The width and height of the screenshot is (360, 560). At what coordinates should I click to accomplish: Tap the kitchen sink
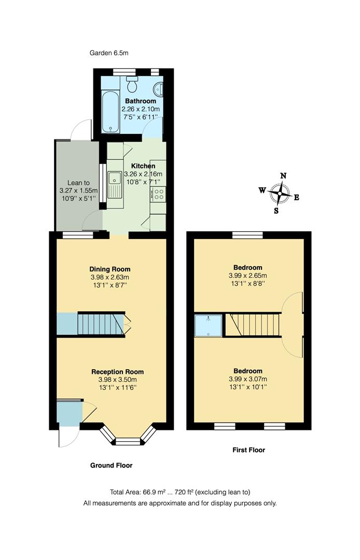click(x=114, y=185)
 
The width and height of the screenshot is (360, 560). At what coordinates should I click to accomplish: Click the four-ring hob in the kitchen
click(x=158, y=194)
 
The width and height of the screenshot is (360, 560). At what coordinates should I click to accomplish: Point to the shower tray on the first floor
click(x=208, y=325)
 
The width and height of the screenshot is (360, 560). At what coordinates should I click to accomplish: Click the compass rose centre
click(x=280, y=193)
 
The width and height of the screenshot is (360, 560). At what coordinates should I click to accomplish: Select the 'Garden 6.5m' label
click(x=109, y=53)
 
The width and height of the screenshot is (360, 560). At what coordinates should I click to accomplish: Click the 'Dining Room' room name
click(x=109, y=269)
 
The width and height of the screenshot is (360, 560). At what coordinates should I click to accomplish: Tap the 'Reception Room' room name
click(x=117, y=372)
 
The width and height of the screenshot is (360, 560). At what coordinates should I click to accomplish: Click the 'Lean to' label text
click(x=78, y=183)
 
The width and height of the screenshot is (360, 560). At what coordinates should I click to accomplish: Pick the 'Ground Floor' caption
click(x=111, y=466)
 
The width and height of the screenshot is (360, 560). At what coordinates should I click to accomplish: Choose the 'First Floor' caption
click(x=248, y=450)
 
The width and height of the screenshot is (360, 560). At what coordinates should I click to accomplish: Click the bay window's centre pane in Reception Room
click(x=128, y=442)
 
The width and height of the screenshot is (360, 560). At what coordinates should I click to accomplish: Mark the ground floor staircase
click(x=101, y=324)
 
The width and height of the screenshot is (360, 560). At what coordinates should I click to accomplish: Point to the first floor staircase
click(x=254, y=325)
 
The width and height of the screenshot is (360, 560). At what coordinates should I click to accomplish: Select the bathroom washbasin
click(x=160, y=89)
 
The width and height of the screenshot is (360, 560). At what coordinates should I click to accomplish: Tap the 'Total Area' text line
click(x=179, y=492)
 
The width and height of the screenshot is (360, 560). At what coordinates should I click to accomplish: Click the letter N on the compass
click(x=283, y=176)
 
